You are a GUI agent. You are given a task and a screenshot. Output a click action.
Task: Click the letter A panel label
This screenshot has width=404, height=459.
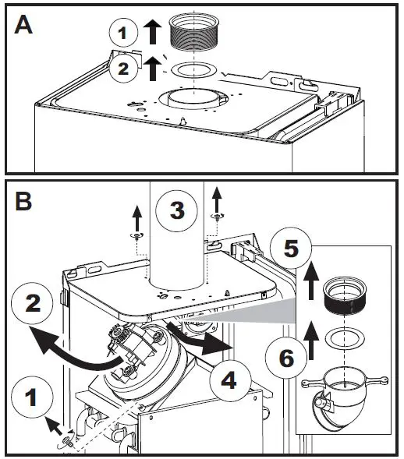23,25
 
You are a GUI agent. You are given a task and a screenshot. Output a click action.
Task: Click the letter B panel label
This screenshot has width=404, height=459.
23,201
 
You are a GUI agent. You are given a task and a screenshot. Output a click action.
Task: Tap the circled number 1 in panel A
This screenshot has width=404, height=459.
123,33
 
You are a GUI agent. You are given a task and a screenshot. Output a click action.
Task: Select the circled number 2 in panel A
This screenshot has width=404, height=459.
123,69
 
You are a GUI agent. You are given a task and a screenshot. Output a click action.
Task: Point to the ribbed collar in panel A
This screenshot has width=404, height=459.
194,32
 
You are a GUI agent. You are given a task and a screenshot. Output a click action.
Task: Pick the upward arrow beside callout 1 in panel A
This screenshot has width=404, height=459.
152,32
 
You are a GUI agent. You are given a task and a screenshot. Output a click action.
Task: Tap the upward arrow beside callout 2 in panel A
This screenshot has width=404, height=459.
152,69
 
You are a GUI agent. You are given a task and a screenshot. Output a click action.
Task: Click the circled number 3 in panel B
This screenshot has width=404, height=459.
177,210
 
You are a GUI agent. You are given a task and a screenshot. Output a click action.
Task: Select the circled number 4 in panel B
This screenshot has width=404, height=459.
230,381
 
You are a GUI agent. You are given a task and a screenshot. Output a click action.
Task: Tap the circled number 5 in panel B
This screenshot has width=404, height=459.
291,249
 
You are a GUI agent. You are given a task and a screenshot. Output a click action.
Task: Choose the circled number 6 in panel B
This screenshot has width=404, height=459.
286,358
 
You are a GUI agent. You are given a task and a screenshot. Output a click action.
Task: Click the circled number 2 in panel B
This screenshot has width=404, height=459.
32,303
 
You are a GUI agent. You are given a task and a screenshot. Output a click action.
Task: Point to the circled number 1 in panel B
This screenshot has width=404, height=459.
32,397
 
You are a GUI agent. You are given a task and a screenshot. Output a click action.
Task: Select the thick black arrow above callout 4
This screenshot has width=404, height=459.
202,339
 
